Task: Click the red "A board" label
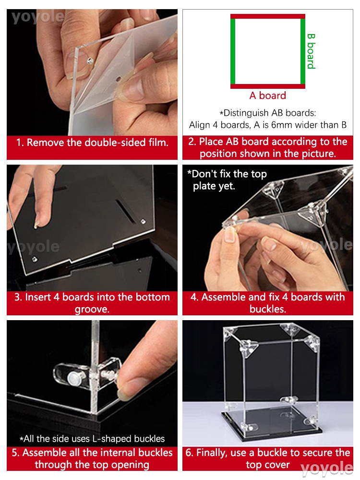tap(267, 96)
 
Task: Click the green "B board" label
tap(311, 51)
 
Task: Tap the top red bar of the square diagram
tap(268, 16)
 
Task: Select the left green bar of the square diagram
tap(233, 51)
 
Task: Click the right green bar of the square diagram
tap(303, 51)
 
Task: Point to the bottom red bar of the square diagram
tap(268, 86)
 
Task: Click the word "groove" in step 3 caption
tap(92, 310)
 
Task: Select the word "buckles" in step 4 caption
tap(268, 309)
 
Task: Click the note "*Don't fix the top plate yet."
tap(227, 180)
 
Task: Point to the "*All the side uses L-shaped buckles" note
tap(92, 439)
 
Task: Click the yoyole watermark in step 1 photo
tap(38, 17)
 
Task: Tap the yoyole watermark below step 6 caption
tap(326, 468)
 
